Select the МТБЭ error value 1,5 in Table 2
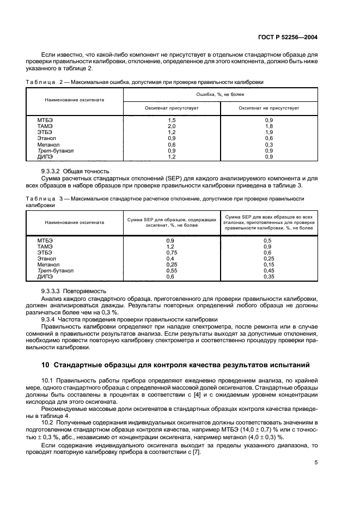pyautogui.click(x=172, y=120)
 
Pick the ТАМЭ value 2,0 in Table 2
pyautogui.click(x=172, y=126)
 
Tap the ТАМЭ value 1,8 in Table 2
pyautogui.click(x=269, y=126)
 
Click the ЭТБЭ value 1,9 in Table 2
pyautogui.click(x=269, y=132)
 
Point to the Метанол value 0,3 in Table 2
pyautogui.click(x=269, y=144)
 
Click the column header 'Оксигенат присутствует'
pyautogui.click(x=172, y=108)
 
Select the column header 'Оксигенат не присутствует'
pyautogui.click(x=269, y=108)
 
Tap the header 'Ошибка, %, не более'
pyautogui.click(x=220, y=94)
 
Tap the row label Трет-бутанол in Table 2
pyautogui.click(x=56, y=150)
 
